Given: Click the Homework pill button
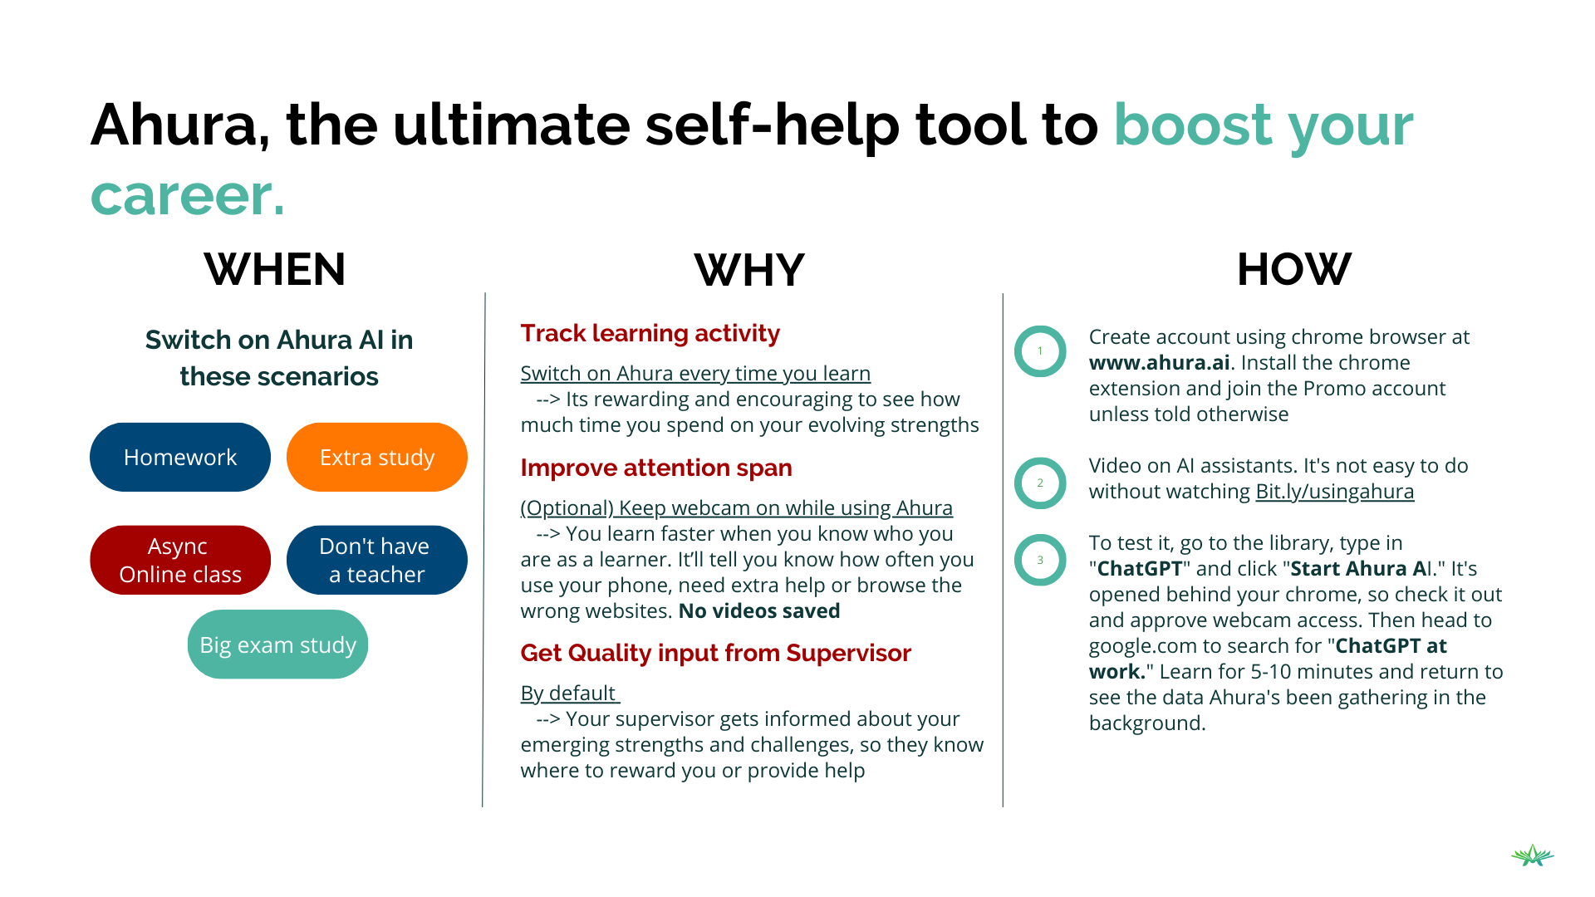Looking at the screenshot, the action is [x=180, y=457].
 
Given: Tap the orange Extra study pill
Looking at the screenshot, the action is [x=377, y=457].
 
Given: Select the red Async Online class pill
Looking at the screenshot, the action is [x=180, y=560].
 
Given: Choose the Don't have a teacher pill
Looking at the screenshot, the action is [x=377, y=560].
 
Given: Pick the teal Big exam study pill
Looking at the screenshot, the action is [x=277, y=645].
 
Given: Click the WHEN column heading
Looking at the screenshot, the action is [x=275, y=269].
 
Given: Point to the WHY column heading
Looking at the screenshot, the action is [x=749, y=270].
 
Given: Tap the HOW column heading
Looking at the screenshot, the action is [x=1293, y=269].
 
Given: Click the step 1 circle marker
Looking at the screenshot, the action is [x=1018, y=350].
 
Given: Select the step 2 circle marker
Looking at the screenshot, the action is [x=1018, y=483].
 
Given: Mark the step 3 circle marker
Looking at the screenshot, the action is [x=1018, y=560].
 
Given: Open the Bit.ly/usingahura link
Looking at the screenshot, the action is [x=1334, y=492].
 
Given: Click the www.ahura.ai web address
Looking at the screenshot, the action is [x=1160, y=363].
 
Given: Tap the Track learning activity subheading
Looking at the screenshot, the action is [x=650, y=333].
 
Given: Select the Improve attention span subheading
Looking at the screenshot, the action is [x=656, y=468].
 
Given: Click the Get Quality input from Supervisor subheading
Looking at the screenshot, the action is [x=716, y=653].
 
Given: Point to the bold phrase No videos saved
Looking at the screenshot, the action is [x=759, y=611].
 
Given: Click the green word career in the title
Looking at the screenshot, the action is [x=187, y=195].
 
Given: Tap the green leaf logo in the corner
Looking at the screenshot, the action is [x=1533, y=855].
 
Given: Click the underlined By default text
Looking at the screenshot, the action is [x=570, y=694].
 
